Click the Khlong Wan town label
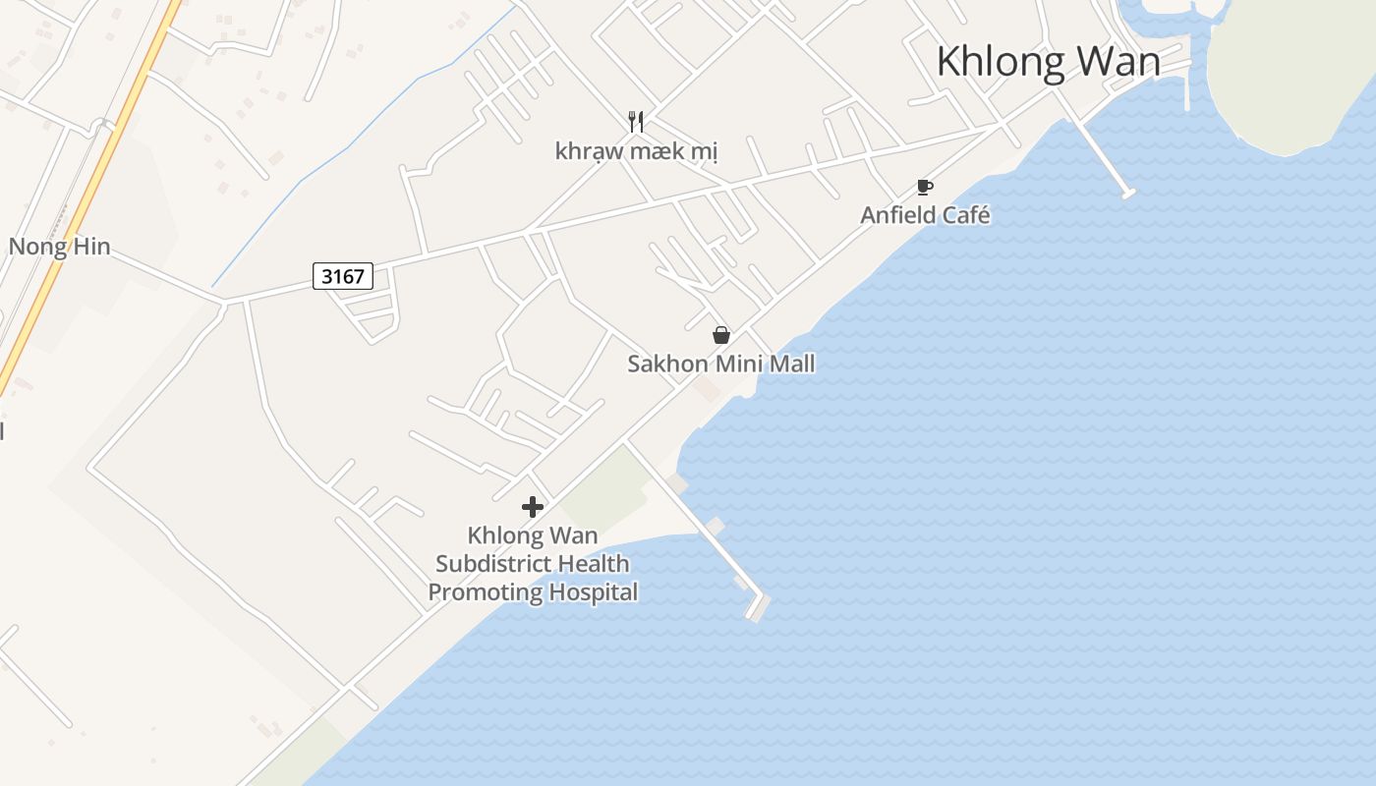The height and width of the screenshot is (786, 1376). tap(1048, 62)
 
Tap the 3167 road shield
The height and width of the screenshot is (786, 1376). tap(343, 276)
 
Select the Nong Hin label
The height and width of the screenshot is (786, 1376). tap(59, 247)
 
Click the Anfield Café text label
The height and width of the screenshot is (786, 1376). tap(925, 215)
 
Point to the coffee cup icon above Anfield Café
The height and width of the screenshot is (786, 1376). tap(924, 187)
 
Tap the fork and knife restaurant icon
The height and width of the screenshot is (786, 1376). tap(636, 122)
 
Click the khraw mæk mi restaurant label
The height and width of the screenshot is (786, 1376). tap(636, 151)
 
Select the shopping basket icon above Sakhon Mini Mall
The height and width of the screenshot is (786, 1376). tap(721, 335)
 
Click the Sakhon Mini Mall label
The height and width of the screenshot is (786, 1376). tap(721, 365)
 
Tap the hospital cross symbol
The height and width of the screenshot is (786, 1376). tap(533, 507)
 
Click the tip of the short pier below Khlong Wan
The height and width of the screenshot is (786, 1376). tap(1128, 193)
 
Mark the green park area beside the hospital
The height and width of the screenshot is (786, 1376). tap(604, 489)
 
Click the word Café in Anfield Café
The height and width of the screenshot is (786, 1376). tap(967, 215)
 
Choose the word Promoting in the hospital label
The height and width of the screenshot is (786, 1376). tap(485, 592)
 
